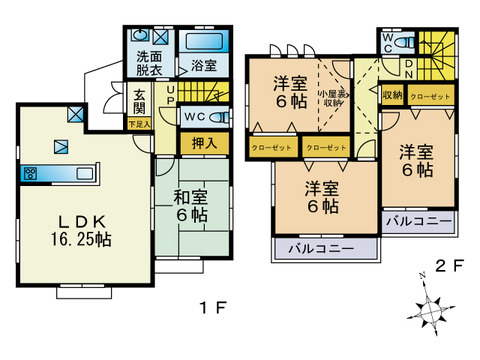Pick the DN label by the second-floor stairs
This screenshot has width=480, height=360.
408,69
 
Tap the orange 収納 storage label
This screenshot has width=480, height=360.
392,95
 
